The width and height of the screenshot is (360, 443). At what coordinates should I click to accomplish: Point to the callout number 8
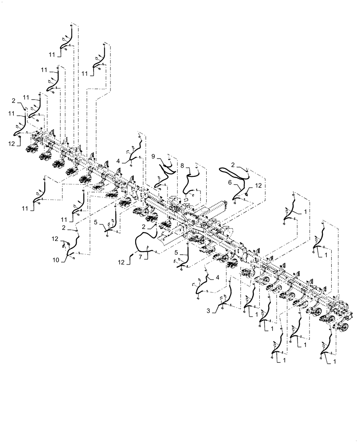[x=182, y=165]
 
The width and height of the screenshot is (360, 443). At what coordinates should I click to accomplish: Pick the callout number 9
[x=153, y=156]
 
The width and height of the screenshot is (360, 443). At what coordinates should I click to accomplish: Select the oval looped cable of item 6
[x=234, y=171]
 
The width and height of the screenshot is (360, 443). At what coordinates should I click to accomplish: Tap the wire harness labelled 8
[x=192, y=182]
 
